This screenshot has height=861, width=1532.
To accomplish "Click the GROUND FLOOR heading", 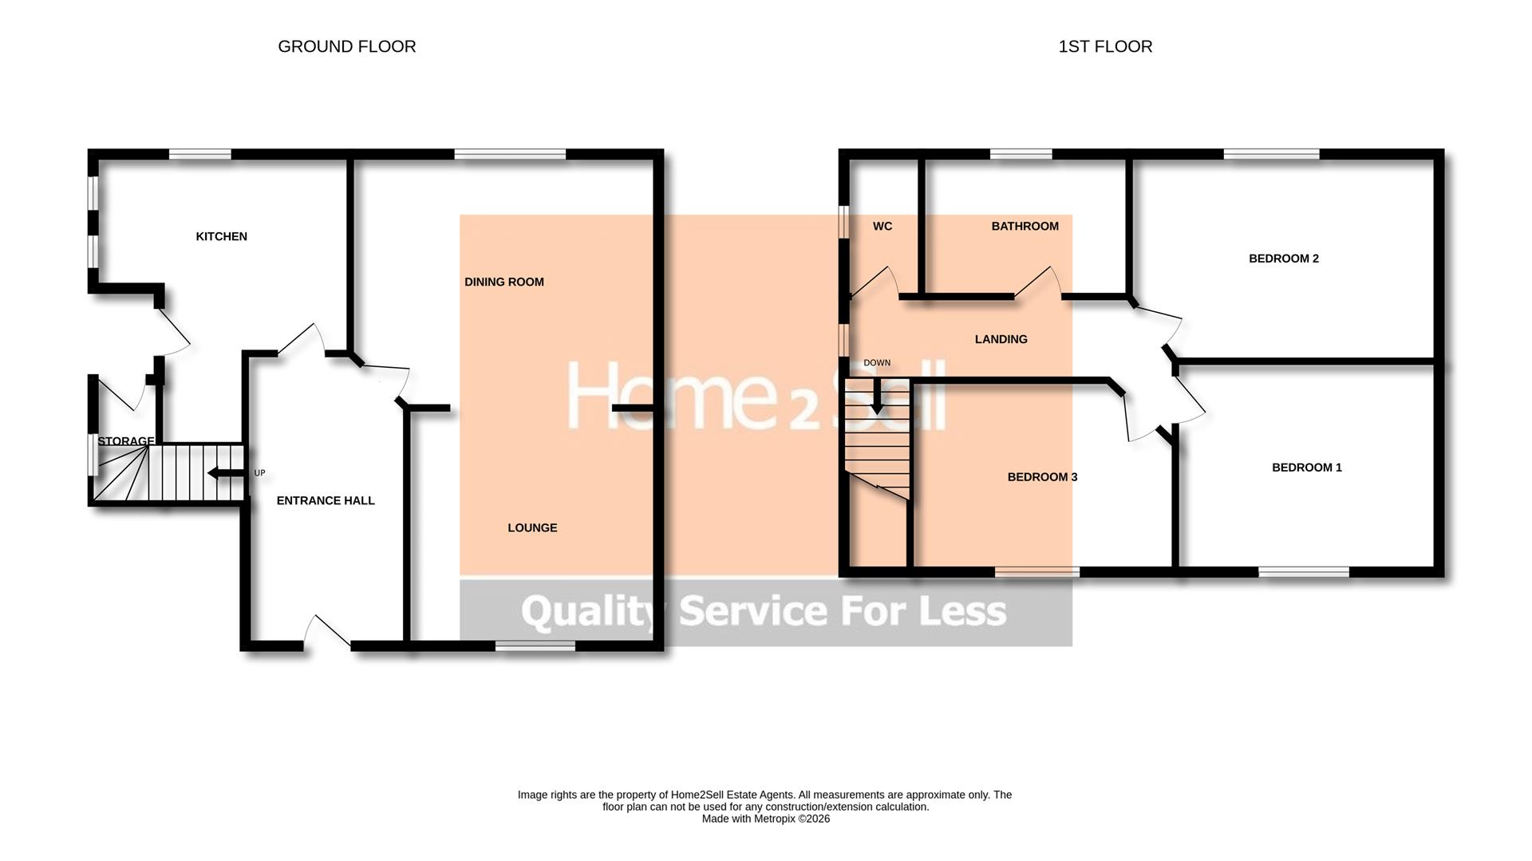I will [x=346, y=46].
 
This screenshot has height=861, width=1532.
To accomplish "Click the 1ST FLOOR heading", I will [x=1104, y=46].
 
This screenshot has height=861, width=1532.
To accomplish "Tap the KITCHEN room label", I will [x=221, y=236].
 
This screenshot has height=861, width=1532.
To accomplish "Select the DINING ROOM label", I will [x=503, y=282].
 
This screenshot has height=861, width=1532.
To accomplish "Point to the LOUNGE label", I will [x=532, y=527].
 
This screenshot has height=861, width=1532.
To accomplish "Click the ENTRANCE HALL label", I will [x=325, y=500].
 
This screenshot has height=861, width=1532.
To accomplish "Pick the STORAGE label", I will [x=125, y=441].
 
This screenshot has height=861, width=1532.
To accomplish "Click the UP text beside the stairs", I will [x=259, y=473].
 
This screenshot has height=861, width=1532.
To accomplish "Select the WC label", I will [x=882, y=226].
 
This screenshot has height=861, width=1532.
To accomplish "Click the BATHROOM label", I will [x=1025, y=226].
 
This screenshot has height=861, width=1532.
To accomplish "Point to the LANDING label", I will [x=1001, y=339].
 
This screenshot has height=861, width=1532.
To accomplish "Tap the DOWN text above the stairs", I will [x=876, y=363].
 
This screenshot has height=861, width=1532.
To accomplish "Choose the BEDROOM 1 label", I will [x=1306, y=468].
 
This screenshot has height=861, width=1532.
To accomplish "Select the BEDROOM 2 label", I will [x=1283, y=259].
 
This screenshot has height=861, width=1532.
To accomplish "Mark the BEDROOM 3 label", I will [x=1042, y=477].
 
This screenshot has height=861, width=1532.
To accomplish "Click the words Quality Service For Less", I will [x=764, y=611].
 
